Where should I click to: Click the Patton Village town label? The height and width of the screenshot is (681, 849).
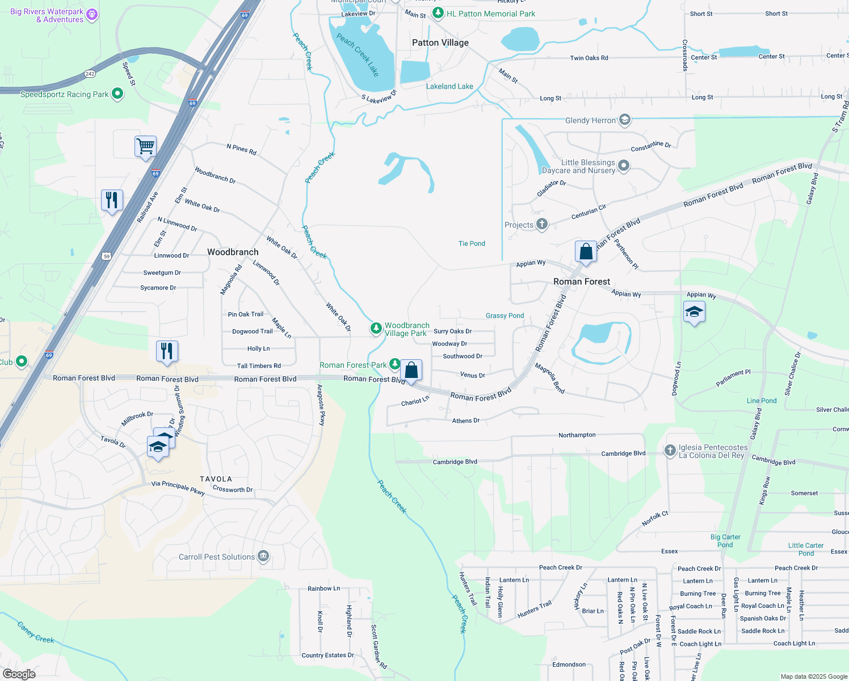(x=440, y=43)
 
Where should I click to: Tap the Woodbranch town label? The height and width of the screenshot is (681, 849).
(x=233, y=252)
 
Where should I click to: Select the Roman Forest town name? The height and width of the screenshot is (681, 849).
(x=582, y=281)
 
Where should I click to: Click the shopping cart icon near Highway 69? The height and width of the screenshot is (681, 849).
(x=145, y=146)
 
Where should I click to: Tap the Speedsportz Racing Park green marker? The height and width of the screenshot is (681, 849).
(x=117, y=94)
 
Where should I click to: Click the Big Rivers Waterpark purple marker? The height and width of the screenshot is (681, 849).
(x=92, y=15)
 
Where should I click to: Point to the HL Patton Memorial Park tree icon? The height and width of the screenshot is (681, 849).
(x=438, y=13)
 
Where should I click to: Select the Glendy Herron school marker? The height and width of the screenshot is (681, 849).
(x=625, y=120)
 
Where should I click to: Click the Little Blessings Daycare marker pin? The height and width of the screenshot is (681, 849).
(x=624, y=166)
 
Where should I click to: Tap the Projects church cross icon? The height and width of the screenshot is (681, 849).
(x=542, y=224)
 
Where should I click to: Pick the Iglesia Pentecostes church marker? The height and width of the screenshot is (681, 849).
(x=670, y=451)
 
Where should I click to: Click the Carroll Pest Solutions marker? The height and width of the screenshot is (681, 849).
(x=263, y=556)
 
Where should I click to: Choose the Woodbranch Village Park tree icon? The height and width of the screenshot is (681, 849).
(x=376, y=329)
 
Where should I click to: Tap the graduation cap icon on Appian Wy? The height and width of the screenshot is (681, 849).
(x=694, y=312)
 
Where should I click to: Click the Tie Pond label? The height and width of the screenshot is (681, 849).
(x=472, y=243)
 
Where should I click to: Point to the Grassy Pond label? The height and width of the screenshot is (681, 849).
(x=505, y=316)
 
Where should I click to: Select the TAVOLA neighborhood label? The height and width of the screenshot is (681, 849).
(x=216, y=479)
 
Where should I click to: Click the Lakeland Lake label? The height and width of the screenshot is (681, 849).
(x=449, y=86)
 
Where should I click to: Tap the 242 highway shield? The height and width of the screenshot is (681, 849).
(x=90, y=74)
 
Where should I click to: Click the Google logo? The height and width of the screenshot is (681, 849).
(x=19, y=674)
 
